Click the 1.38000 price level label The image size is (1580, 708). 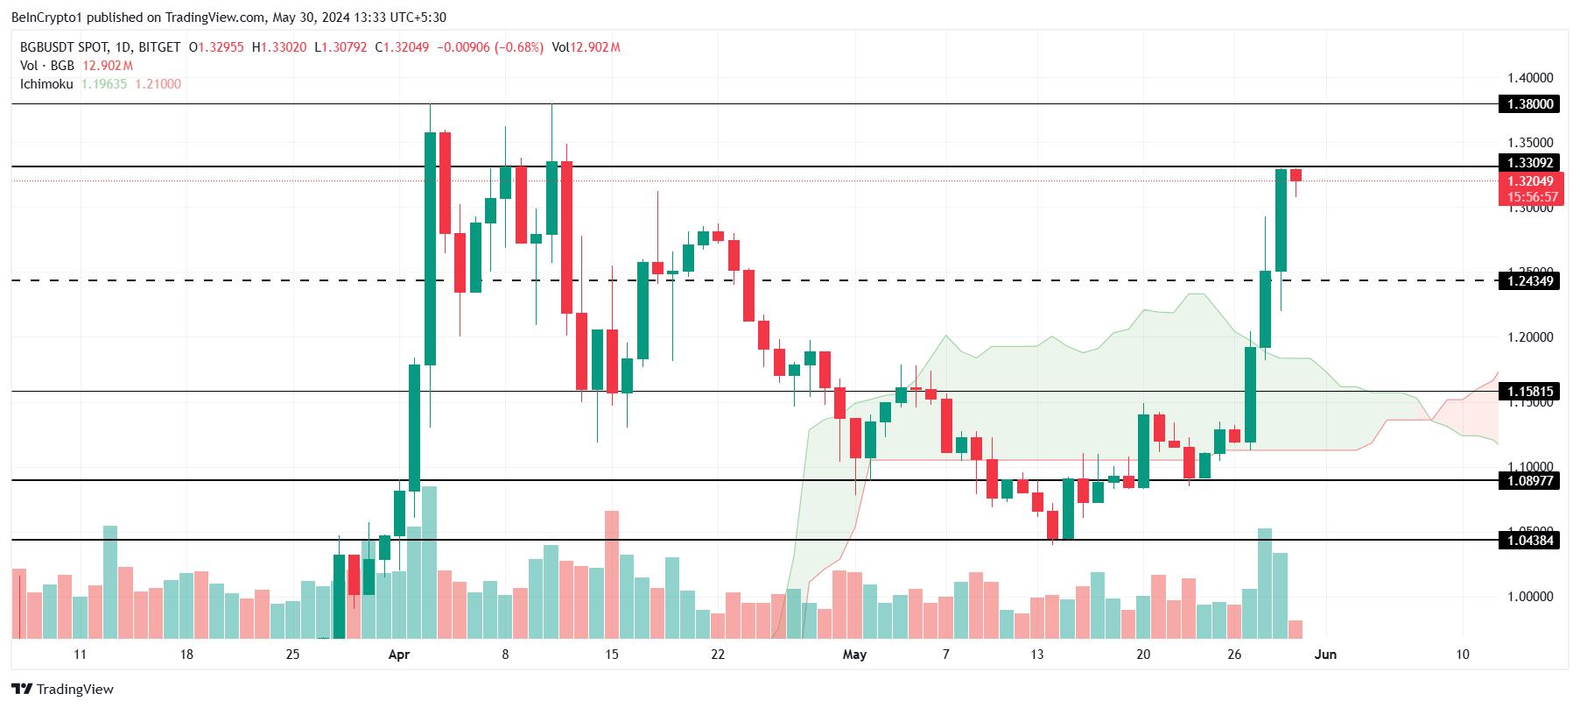[x=1529, y=104]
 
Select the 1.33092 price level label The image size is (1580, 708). [x=1529, y=163]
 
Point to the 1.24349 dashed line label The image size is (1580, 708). [x=1529, y=281]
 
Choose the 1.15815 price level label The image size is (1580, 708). [x=1529, y=392]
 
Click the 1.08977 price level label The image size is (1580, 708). [x=1529, y=480]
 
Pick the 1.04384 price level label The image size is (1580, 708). [x=1529, y=541]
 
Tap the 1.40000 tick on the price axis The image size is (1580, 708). [x=1529, y=78]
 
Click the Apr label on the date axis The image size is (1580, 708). [x=398, y=655]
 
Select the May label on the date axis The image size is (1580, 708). [x=854, y=655]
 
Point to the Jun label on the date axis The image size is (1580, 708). [x=1325, y=655]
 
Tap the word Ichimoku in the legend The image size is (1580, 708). [x=46, y=84]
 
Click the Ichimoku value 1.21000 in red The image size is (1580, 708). [x=158, y=84]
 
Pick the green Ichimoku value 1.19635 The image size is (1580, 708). [x=104, y=84]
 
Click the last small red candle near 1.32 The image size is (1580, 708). [x=1296, y=175]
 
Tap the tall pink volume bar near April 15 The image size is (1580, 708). [x=612, y=574]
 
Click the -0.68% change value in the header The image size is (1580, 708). [x=519, y=47]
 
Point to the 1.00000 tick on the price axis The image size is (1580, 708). [x=1529, y=597]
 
